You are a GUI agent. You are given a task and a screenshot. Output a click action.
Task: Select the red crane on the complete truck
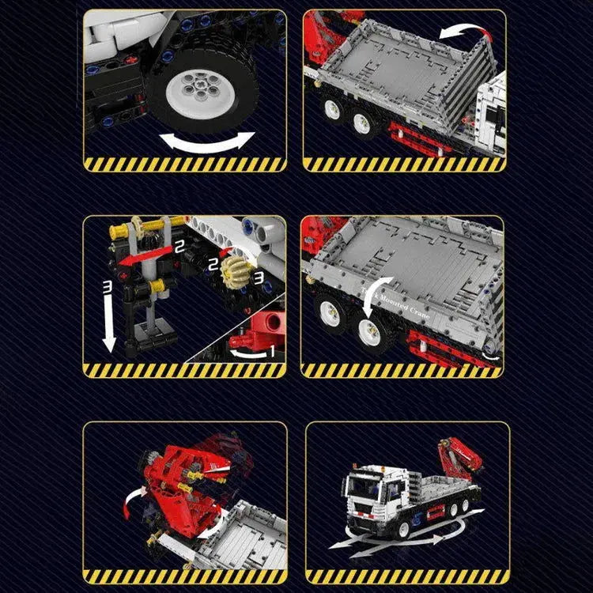click(460, 462)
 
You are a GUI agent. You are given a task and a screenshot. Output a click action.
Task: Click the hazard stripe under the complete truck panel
click(407, 576)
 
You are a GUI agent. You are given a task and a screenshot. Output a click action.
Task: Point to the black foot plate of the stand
click(150, 342)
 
